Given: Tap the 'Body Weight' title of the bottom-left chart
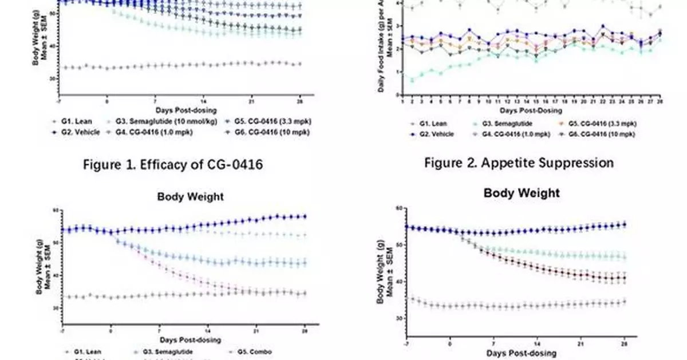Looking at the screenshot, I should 190,196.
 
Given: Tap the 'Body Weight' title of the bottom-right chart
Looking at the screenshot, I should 522,193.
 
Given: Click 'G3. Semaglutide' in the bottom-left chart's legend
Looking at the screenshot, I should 166,351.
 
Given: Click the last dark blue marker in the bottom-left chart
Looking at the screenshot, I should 305,216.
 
